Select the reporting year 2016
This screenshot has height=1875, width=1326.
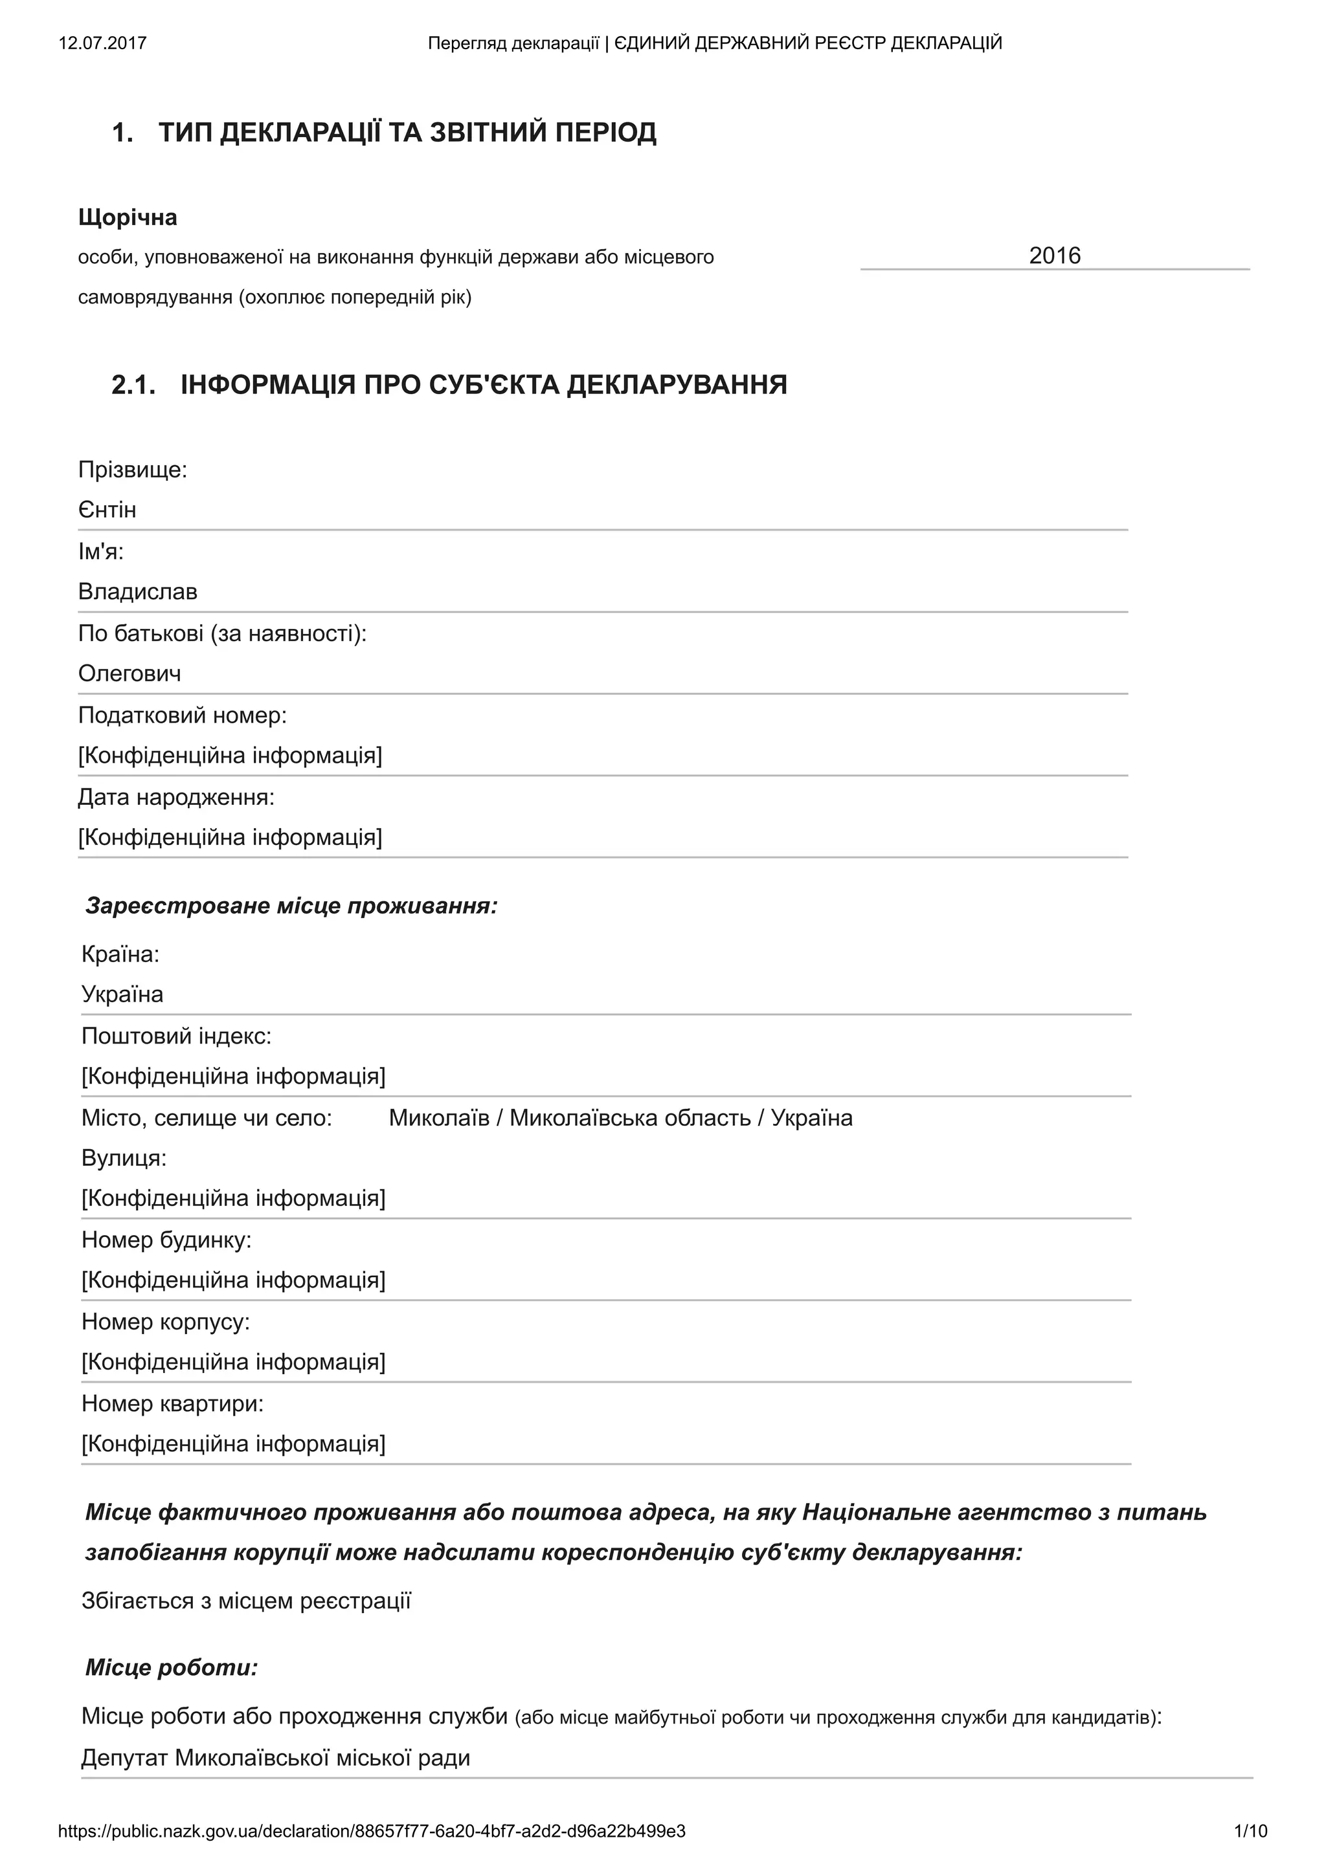(x=1054, y=256)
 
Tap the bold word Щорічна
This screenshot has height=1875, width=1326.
(x=128, y=217)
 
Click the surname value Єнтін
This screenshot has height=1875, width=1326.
(x=107, y=510)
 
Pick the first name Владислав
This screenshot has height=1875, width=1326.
(x=137, y=591)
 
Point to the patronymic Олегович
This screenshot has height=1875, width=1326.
(x=129, y=673)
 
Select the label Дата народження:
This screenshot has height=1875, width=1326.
(x=175, y=796)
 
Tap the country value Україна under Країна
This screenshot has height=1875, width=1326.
(x=122, y=994)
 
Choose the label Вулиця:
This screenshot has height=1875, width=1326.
(x=124, y=1157)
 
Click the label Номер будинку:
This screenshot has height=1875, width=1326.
(x=166, y=1239)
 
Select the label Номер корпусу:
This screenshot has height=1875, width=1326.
(x=165, y=1321)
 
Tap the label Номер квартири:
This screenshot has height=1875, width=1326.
(x=172, y=1403)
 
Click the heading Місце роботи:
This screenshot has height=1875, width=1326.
(x=172, y=1667)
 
